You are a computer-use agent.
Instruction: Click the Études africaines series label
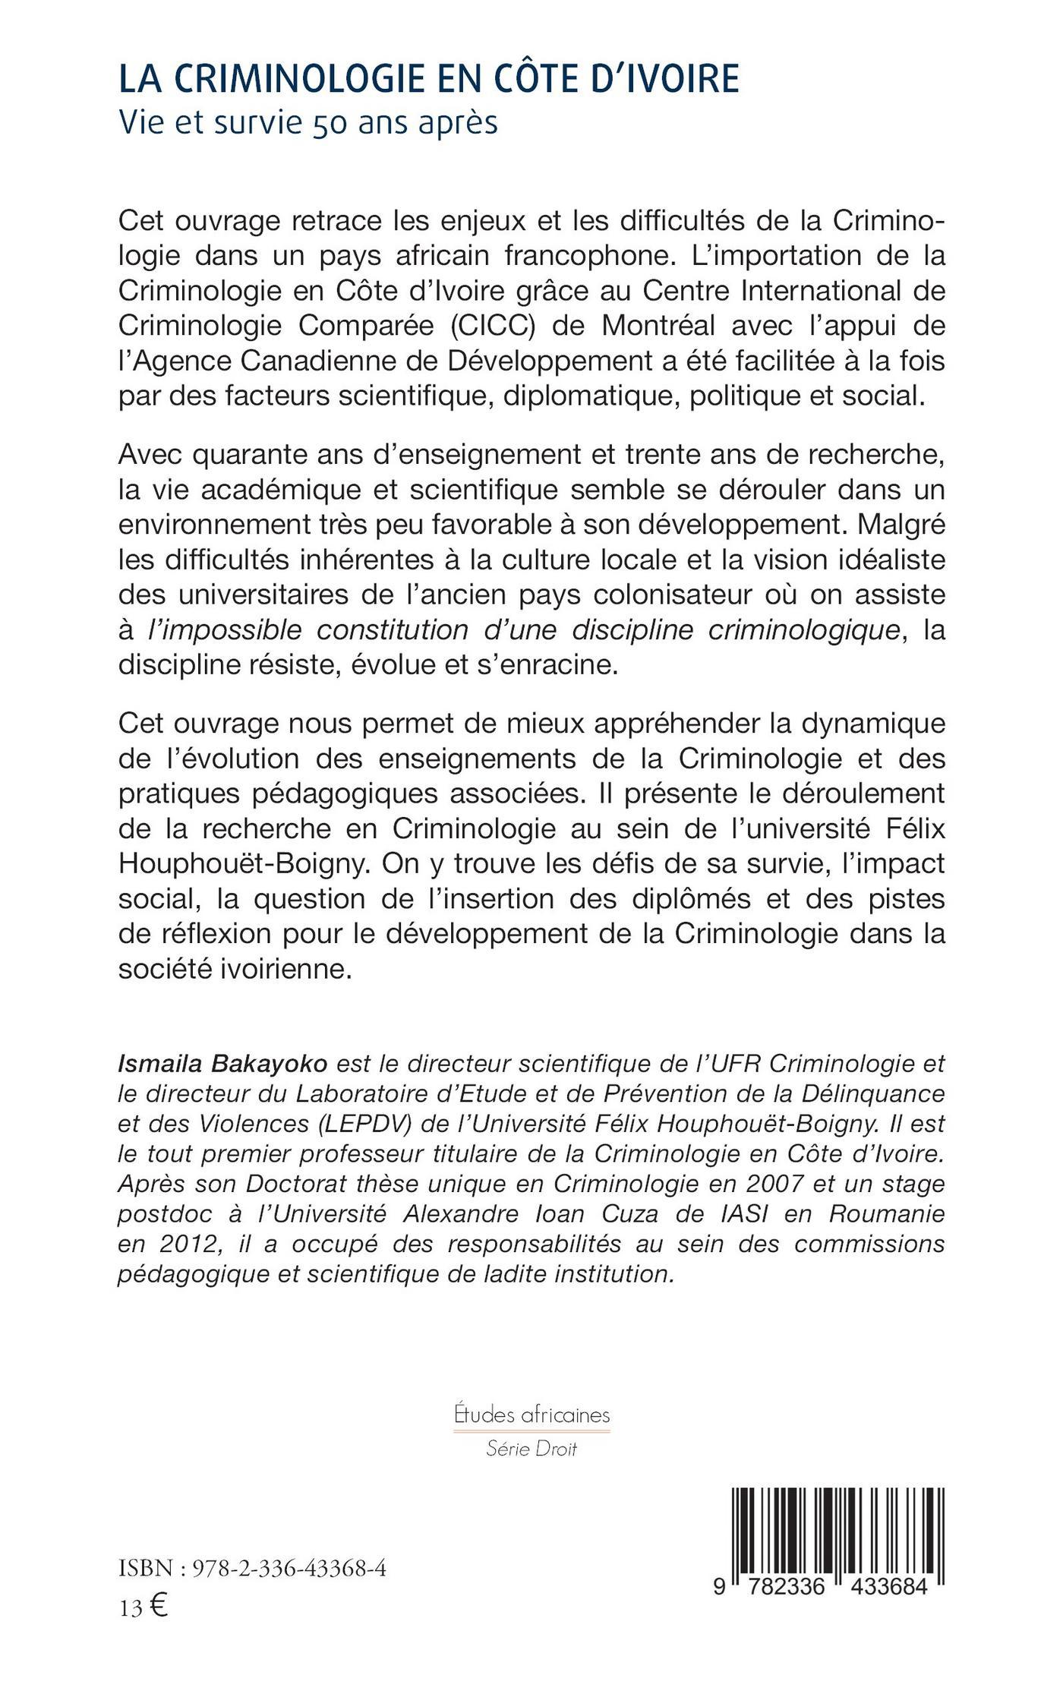click(531, 1415)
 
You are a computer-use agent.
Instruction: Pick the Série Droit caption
click(531, 1449)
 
